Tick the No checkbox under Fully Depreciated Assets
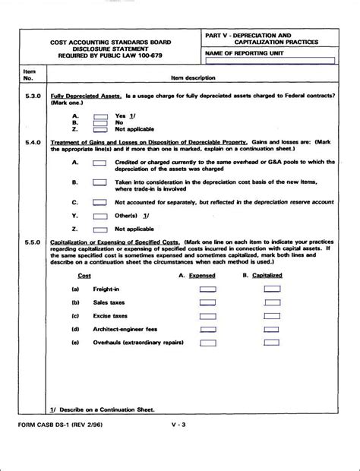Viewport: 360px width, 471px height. [x=99, y=122]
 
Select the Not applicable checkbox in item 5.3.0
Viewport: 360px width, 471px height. [x=99, y=129]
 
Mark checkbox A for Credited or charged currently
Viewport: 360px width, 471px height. [x=99, y=162]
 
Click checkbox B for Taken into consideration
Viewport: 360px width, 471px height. [x=99, y=182]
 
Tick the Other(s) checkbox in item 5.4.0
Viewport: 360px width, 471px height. [x=99, y=216]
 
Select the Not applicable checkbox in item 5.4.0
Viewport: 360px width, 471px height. [x=99, y=228]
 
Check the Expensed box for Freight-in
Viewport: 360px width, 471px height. [x=207, y=289]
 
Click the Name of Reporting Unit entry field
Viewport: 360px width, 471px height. [x=270, y=62]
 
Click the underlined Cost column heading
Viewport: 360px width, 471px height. [x=84, y=276]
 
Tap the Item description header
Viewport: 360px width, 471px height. [x=194, y=78]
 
